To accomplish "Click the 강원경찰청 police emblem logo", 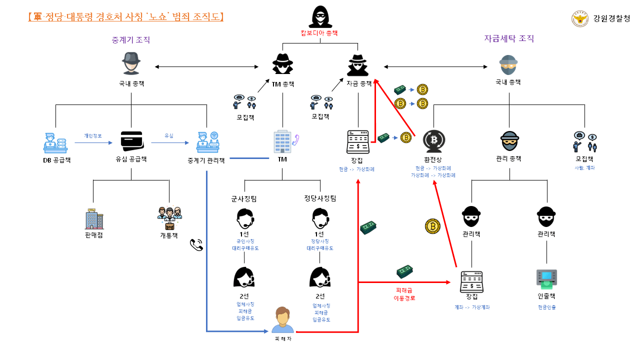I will point(580,19).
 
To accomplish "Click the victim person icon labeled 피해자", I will point(282,320).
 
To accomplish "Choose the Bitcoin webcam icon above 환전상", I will point(433,141).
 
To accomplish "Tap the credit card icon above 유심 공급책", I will point(131,141).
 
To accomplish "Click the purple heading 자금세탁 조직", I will point(509,38).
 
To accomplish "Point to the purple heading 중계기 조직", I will point(131,40).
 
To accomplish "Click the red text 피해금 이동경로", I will point(404,294).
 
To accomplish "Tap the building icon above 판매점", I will point(93,219).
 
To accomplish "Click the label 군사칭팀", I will point(244,198).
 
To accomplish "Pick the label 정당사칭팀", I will point(320,198).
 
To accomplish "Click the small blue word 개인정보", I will point(93,135).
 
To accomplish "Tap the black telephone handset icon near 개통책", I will point(196,244).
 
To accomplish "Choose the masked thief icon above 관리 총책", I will point(509,141).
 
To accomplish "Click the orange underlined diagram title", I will point(126,17).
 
